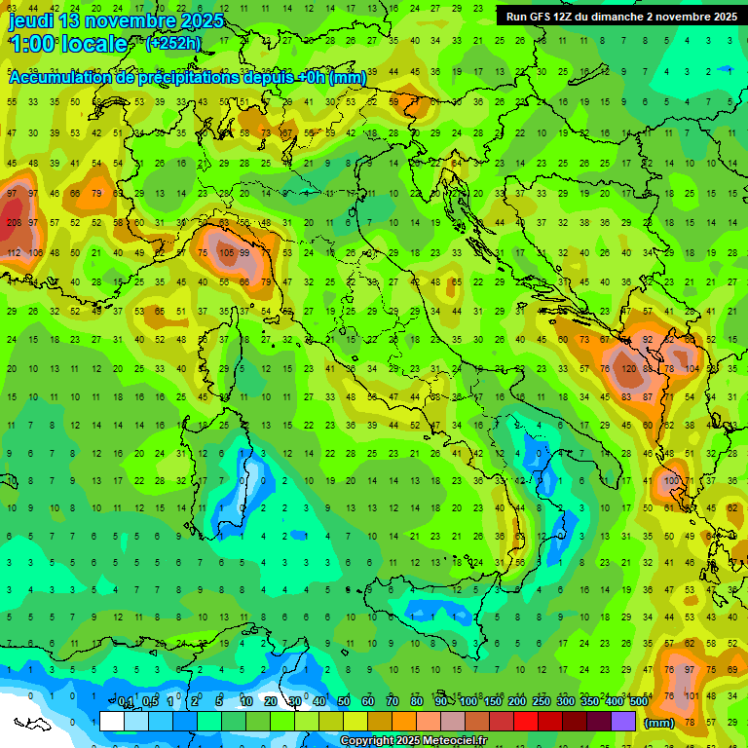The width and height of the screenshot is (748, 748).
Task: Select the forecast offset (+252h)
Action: click(175, 44)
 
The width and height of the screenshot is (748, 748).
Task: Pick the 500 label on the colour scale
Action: click(638, 702)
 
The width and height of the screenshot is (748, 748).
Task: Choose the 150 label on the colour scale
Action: click(492, 702)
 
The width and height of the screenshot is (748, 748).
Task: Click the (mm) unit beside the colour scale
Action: click(659, 723)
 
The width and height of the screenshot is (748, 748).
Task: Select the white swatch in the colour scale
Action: click(112, 722)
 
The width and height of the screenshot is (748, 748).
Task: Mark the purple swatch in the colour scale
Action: click(623, 722)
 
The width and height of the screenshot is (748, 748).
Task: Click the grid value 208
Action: click(14, 223)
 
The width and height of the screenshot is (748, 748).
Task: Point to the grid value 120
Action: click(628, 369)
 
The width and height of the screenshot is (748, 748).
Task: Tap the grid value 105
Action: click(227, 252)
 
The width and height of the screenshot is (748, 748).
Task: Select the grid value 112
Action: click(14, 252)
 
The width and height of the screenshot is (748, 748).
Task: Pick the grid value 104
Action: click(692, 369)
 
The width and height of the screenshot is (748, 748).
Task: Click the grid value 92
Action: click(648, 340)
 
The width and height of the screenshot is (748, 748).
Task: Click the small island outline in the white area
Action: click(31, 724)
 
